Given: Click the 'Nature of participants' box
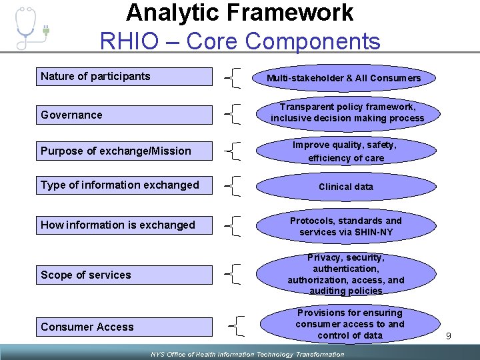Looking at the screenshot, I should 125,77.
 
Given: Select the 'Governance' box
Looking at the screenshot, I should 125,115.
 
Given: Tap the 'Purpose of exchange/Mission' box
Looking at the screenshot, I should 125,151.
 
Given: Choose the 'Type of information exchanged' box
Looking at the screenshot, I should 125,185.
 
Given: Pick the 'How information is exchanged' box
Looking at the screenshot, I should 125,225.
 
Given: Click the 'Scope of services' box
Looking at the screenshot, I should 125,275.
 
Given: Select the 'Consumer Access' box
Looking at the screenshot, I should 125,327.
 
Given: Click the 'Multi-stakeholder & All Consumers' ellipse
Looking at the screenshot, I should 344,79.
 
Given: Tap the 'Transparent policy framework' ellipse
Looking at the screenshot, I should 347,113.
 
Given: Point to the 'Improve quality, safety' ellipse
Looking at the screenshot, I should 344,151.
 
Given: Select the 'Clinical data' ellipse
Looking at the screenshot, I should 345,187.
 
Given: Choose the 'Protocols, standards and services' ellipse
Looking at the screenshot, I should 345,226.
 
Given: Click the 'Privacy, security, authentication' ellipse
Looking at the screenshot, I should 345,274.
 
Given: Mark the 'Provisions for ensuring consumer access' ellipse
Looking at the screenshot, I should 349,324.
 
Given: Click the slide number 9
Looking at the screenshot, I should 449,336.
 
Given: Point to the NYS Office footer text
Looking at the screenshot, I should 247,354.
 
